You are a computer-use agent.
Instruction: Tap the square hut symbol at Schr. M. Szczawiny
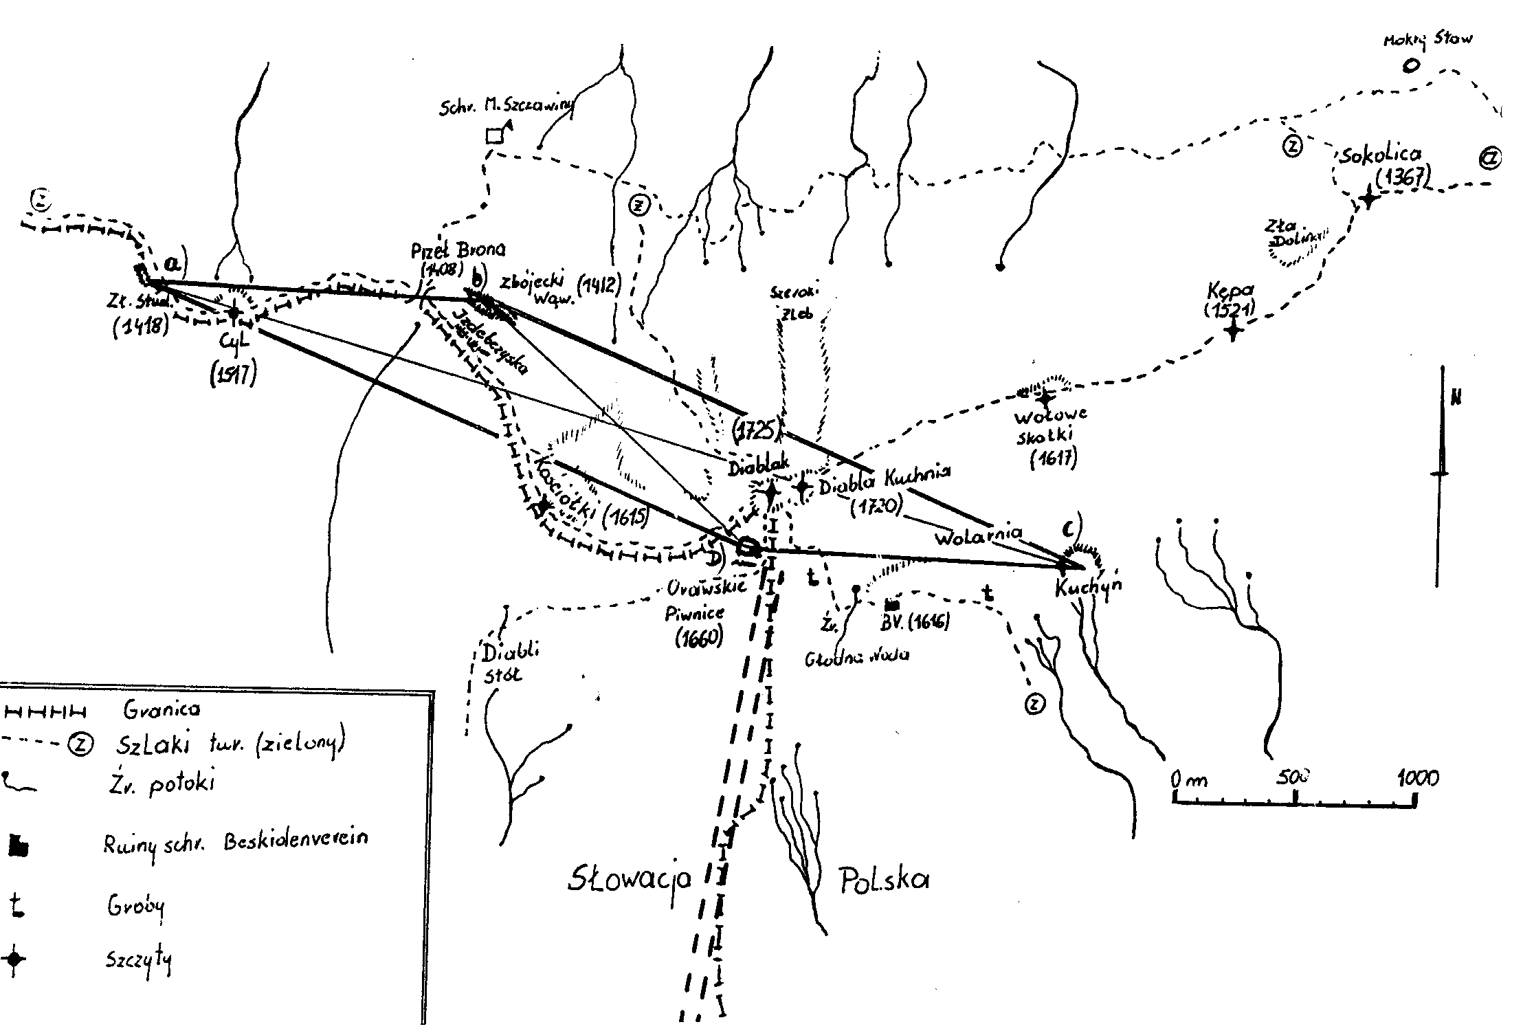(493, 135)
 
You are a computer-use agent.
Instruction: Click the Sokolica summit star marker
(1368, 199)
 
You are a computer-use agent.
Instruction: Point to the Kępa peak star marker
(1234, 331)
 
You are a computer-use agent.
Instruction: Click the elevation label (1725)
(757, 429)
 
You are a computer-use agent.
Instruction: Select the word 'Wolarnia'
(977, 535)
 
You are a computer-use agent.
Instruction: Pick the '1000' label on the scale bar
(1418, 777)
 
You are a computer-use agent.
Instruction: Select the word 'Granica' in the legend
(162, 709)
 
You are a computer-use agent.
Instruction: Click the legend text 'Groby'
(135, 907)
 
